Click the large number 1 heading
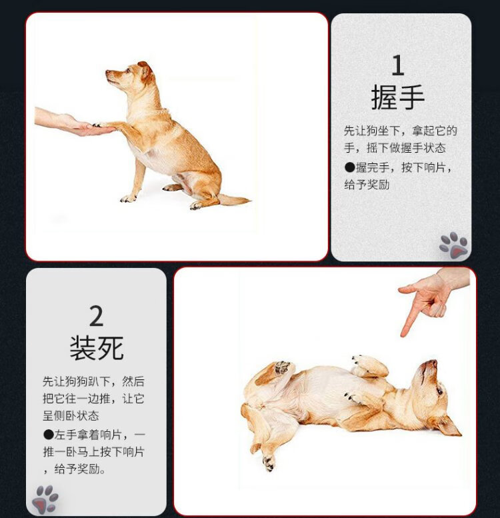[398, 65]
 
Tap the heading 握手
[398, 97]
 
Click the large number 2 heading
[97, 316]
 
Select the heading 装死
[97, 348]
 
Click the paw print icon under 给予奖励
[454, 245]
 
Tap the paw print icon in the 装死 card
[45, 499]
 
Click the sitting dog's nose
[107, 72]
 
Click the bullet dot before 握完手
[349, 167]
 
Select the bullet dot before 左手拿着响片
[48, 434]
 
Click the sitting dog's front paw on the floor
[128, 198]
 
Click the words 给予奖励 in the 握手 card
[367, 185]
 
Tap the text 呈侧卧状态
[71, 415]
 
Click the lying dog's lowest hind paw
[269, 463]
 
